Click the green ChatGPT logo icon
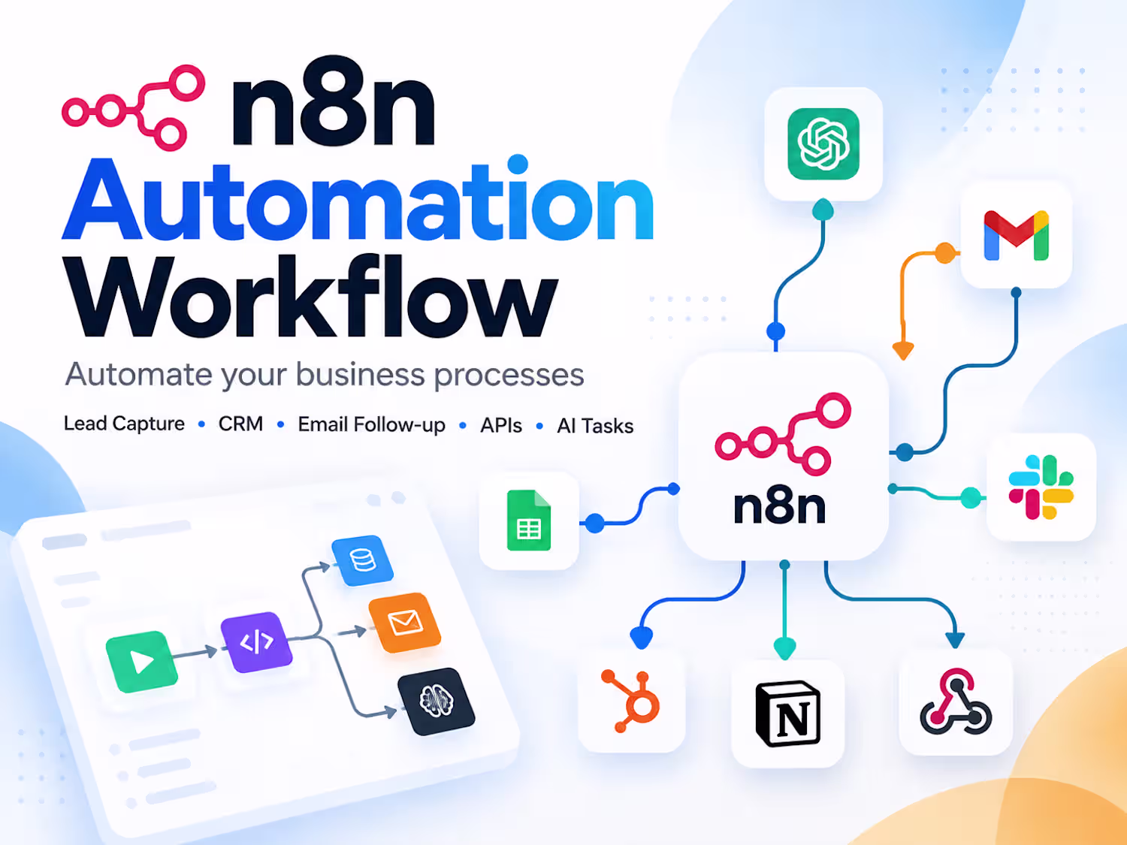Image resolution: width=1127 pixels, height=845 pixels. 823,144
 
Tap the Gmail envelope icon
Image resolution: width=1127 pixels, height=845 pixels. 1016,236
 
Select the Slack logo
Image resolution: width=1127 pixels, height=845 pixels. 1041,487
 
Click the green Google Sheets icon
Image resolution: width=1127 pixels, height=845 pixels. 529,521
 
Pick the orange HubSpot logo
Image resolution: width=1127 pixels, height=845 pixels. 630,701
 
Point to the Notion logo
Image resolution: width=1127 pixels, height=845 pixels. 788,714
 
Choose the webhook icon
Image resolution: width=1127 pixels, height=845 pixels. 956,702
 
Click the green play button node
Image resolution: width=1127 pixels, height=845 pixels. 142,662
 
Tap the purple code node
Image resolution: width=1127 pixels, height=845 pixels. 256,641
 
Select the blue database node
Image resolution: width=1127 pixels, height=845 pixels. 362,560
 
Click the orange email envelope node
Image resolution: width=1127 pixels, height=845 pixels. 405,623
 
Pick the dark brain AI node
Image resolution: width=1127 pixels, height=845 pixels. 437,702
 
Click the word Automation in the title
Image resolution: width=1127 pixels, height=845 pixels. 358,199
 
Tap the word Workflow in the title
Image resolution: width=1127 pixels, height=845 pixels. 310,295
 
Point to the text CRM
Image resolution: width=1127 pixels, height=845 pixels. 241,424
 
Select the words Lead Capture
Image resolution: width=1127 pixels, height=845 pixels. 124,424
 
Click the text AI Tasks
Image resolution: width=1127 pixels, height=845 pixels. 595,426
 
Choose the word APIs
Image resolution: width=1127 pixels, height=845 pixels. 501,425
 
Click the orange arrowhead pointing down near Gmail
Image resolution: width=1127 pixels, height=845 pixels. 902,351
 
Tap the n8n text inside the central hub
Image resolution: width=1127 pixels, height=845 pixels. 779,505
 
